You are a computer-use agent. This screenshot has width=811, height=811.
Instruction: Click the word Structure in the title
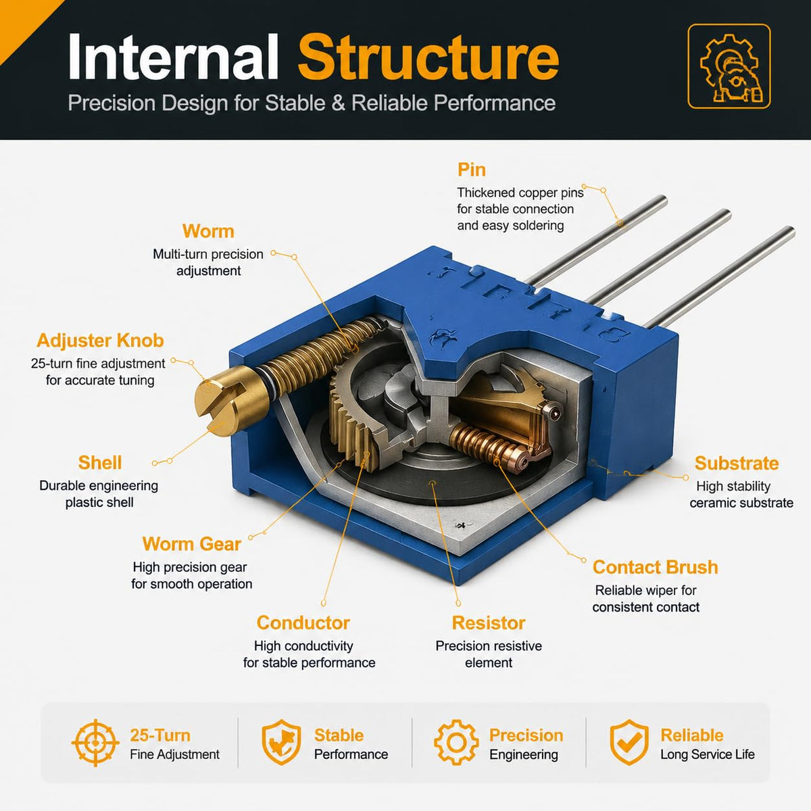(428, 57)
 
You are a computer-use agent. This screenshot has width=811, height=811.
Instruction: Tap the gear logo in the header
(729, 66)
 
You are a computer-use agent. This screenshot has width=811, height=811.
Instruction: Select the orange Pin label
(471, 170)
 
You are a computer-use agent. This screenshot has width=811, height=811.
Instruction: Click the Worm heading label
(208, 232)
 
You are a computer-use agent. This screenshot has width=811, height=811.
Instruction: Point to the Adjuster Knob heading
(100, 341)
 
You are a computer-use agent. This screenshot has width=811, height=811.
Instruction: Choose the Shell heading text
(100, 462)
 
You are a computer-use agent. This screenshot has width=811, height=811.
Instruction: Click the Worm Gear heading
(191, 544)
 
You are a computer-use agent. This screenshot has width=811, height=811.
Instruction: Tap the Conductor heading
(303, 623)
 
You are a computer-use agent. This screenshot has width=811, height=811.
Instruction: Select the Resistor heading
(489, 623)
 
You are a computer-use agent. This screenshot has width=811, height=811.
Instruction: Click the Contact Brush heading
(656, 567)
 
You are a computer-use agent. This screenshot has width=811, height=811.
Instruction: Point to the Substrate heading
(737, 464)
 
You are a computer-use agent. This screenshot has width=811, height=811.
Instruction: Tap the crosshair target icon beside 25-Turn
(95, 743)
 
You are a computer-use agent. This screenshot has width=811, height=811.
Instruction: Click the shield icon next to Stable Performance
(282, 742)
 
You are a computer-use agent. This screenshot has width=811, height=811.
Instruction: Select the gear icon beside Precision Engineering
(456, 743)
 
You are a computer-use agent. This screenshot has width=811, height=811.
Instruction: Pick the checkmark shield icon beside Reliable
(629, 742)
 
